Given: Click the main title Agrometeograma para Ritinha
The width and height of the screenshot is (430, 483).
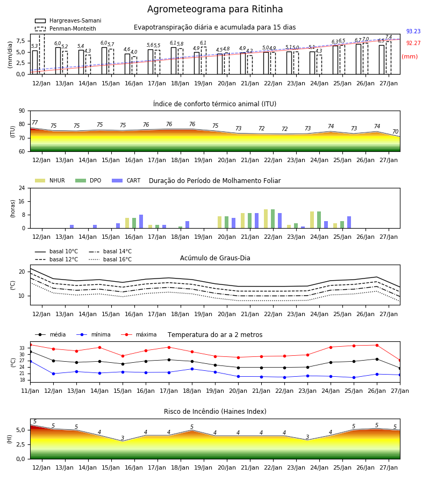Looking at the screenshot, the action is point(214,9).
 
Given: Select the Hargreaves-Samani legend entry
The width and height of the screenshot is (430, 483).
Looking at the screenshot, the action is point(68,20).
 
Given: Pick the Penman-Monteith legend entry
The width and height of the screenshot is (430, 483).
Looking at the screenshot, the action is point(66,28).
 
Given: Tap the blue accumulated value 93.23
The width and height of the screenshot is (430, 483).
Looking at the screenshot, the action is point(413,31).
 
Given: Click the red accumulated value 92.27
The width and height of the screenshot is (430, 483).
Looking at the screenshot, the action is point(413,43).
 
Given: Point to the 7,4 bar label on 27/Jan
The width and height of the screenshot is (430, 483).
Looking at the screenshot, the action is point(389,37).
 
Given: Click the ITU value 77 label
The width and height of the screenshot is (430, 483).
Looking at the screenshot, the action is point(35,122).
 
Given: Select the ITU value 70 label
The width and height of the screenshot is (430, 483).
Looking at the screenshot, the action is point(395,131).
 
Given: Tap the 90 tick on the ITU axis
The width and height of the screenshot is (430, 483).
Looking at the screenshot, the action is point(22,111).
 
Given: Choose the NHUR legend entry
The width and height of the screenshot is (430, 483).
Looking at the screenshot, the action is point(50,180).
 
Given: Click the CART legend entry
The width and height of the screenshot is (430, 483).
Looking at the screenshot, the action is point(126,180).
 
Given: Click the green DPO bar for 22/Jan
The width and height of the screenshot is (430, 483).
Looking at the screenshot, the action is point(273,219).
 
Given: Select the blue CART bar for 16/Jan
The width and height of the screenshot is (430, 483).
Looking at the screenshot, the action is point(141,222).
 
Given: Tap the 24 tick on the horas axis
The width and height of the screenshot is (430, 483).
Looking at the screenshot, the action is point(22,188).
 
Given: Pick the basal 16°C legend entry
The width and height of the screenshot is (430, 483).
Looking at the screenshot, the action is point(110,259).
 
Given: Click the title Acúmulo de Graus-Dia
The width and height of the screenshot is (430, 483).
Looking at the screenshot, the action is point(215,258).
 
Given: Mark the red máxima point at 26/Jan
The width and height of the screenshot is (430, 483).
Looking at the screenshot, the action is point(377,345).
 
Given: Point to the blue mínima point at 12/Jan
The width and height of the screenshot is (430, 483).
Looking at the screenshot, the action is point(53,374).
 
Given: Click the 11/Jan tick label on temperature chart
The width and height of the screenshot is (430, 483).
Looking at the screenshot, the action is point(30,391).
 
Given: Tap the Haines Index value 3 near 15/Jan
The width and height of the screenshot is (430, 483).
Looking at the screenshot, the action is point(123,438).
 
